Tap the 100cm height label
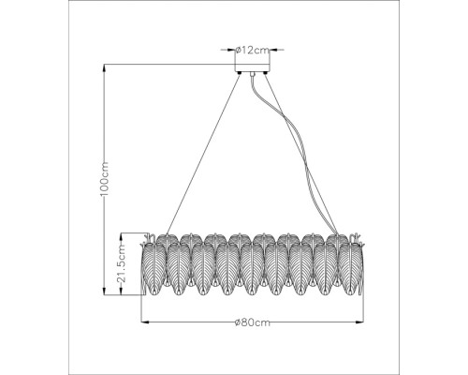point(106,175)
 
